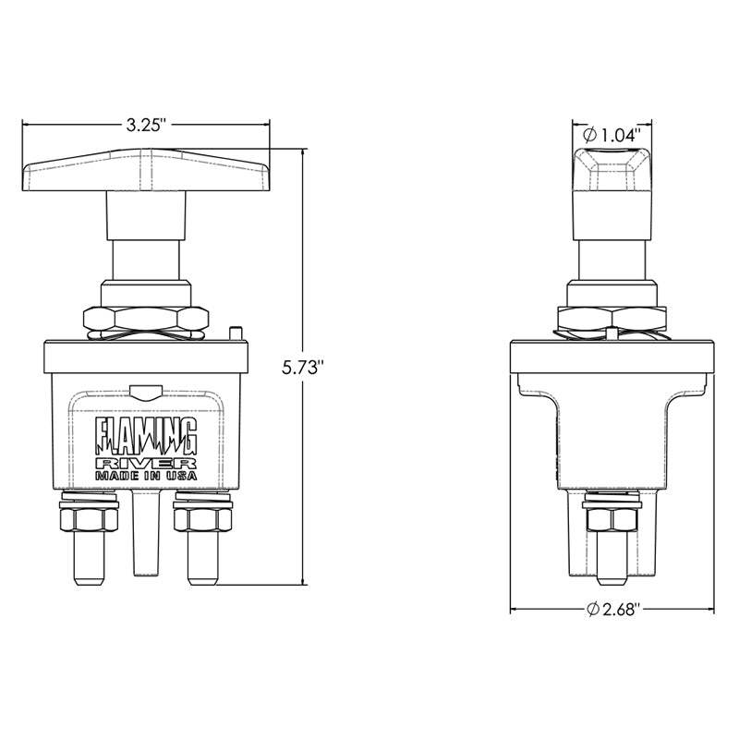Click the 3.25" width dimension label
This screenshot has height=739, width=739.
pos(146,124)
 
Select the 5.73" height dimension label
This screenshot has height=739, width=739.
pos(304,367)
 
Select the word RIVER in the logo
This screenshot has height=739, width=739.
pos(147,461)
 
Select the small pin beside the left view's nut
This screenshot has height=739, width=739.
pos(236,331)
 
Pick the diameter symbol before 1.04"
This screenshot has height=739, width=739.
pos(591,135)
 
